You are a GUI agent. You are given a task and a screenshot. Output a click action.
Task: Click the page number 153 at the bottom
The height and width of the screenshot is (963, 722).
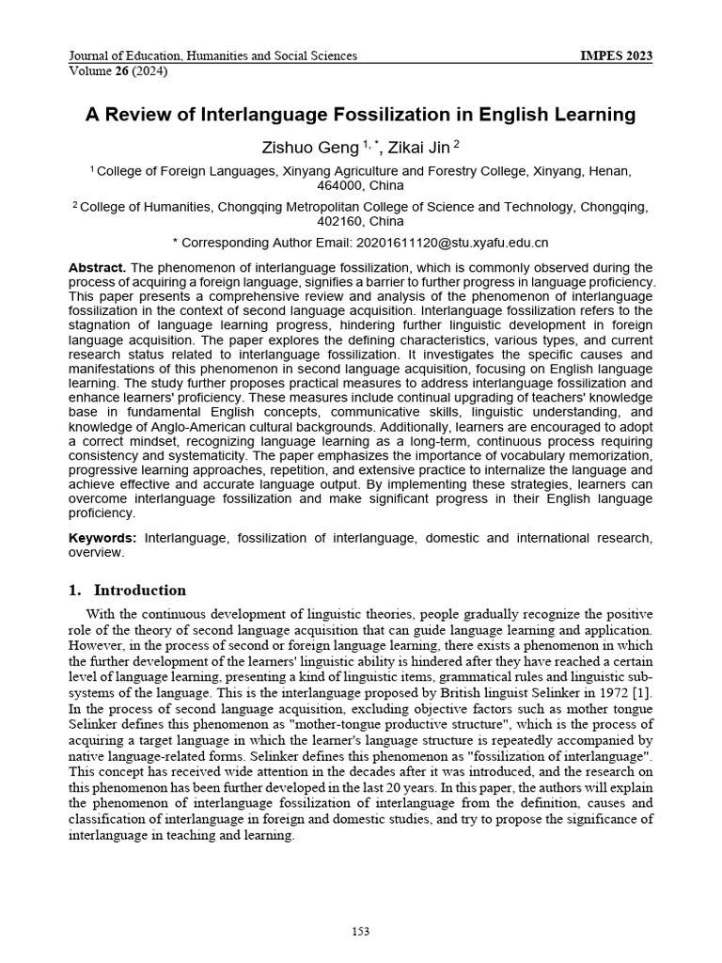coord(360,931)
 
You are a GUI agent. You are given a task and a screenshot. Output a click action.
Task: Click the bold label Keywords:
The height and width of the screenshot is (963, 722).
coord(102,538)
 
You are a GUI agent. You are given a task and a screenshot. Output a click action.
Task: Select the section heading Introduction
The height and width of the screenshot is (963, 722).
coord(139,591)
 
